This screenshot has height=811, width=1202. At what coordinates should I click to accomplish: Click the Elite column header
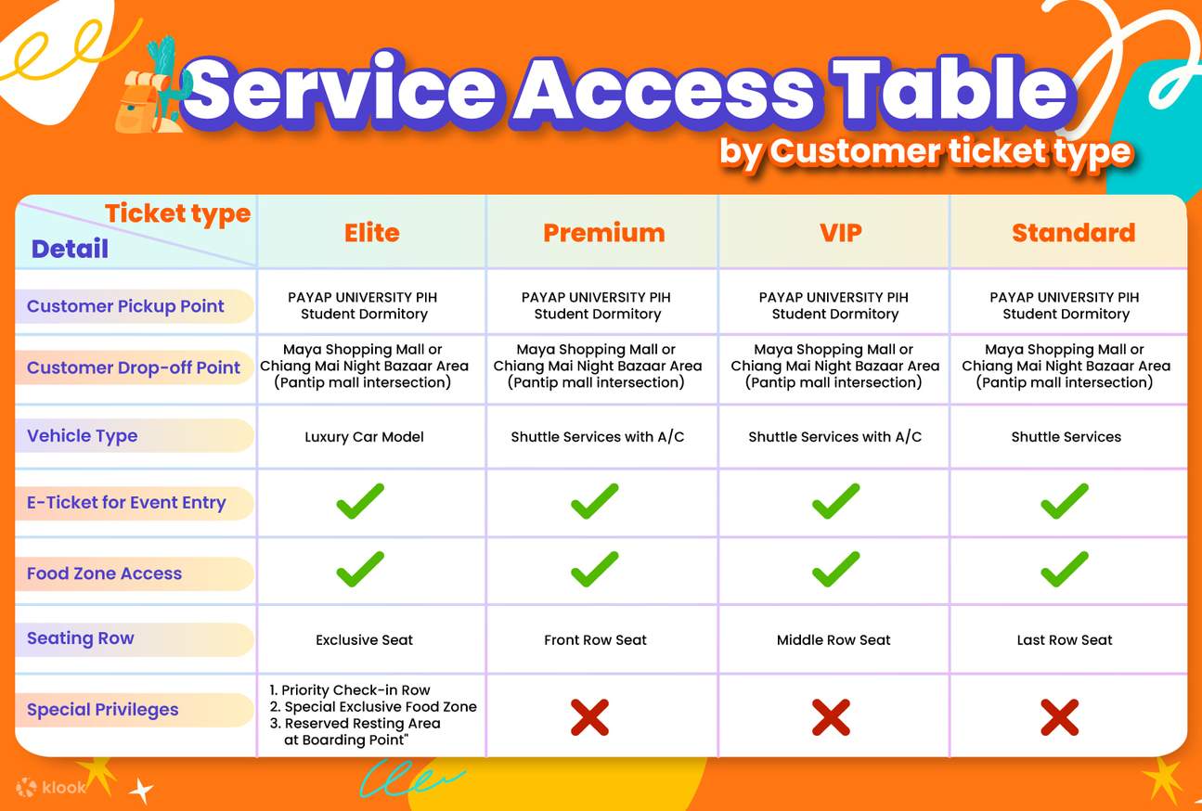[372, 233]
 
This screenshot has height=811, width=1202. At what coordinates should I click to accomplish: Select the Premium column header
[603, 233]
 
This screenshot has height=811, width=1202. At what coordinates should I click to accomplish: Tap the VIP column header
[840, 233]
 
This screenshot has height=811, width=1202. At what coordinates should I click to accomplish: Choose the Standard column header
[1073, 233]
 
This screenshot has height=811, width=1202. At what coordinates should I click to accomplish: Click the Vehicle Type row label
[82, 436]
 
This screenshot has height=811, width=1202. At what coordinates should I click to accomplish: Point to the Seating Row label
[81, 638]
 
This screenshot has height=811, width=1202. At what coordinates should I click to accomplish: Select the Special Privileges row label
[102, 710]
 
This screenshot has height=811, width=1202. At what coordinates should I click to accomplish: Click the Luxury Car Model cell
[364, 437]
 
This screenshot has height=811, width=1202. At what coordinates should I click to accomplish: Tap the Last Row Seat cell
[1065, 640]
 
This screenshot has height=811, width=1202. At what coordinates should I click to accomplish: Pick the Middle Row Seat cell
[834, 640]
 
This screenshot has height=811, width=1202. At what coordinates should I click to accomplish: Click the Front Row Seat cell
[595, 640]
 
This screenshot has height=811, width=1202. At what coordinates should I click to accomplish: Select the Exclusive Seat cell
[364, 640]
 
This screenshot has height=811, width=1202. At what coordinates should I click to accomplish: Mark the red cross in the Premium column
[589, 717]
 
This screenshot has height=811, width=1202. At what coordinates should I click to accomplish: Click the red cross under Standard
[1059, 717]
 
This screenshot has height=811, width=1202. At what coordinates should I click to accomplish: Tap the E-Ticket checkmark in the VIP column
[835, 501]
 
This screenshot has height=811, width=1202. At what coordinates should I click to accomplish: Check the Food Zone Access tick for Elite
[360, 569]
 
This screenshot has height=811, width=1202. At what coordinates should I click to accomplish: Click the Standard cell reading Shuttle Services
[1066, 437]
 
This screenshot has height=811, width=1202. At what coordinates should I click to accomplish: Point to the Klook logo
[51, 788]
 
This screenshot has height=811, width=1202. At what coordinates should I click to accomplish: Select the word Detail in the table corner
[70, 249]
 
